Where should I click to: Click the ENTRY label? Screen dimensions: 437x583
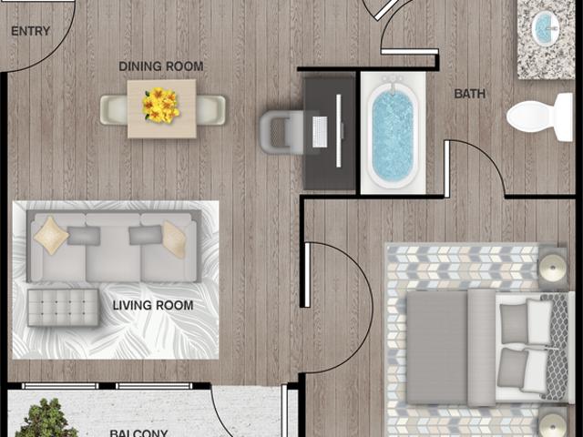pos(30,31)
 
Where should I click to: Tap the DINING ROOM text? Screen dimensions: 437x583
pos(161,66)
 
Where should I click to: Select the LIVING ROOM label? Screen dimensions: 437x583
pos(153,305)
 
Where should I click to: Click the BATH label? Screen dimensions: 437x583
pos(470,93)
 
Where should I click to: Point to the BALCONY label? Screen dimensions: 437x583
pos(138,432)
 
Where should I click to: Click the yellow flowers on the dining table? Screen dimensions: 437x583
pos(160,106)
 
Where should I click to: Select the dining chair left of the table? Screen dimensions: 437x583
pos(114,109)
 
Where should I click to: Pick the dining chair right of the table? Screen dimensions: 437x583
pos(210,109)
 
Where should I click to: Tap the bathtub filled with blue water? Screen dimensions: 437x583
pos(393,134)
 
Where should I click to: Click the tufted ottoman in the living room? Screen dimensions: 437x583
pos(63,307)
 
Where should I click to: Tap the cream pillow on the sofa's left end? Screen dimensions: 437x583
pos(50,235)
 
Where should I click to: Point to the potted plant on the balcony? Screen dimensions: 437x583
pos(46,420)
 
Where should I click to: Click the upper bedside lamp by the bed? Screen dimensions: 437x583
pos(553,268)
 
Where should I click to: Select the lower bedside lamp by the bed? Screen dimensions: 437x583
pos(553,424)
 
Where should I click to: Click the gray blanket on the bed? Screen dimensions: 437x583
pos(436,346)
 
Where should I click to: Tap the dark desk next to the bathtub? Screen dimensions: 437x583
pos(328,133)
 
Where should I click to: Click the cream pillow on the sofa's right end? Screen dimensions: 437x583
pos(174,239)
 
